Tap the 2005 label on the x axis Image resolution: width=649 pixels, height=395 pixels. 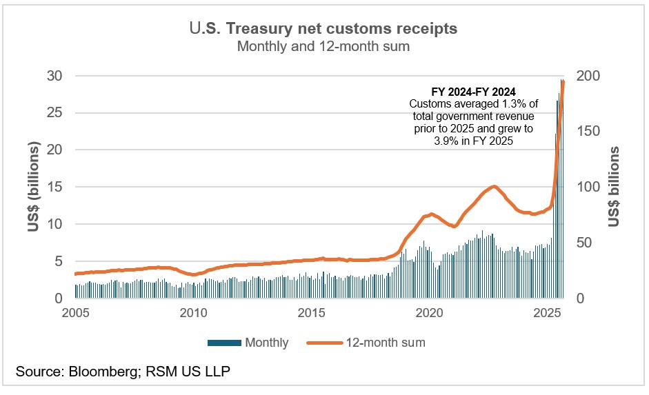click(75, 312)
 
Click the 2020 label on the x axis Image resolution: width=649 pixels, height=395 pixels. click(430, 312)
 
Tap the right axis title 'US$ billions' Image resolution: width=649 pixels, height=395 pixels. click(614, 187)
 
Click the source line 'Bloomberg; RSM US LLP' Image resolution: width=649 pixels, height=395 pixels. click(148, 372)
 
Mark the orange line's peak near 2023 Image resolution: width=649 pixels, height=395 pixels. click(494, 186)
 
